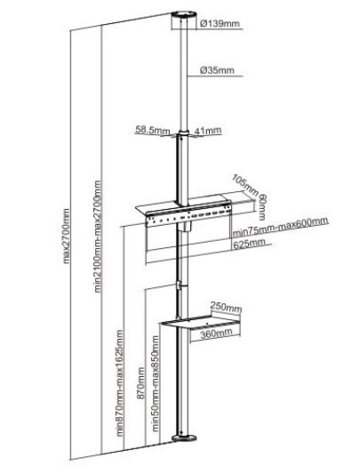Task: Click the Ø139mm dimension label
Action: point(220,23)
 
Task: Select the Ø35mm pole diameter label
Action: point(217,70)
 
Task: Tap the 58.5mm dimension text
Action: point(153,130)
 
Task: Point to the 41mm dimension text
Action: point(208,130)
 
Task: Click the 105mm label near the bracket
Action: point(245,185)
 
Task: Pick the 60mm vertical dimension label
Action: point(261,207)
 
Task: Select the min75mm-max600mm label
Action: point(280,227)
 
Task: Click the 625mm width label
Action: point(249,244)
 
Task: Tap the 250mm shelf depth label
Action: point(226,307)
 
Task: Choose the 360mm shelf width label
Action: point(216,333)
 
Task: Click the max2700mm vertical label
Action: point(67,236)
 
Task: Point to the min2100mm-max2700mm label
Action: point(98,237)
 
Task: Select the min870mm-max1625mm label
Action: point(119,382)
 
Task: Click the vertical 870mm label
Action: point(141,383)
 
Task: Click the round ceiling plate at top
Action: point(184,15)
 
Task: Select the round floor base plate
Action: point(184,438)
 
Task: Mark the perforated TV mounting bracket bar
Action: point(188,217)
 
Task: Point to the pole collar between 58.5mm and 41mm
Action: point(184,133)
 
